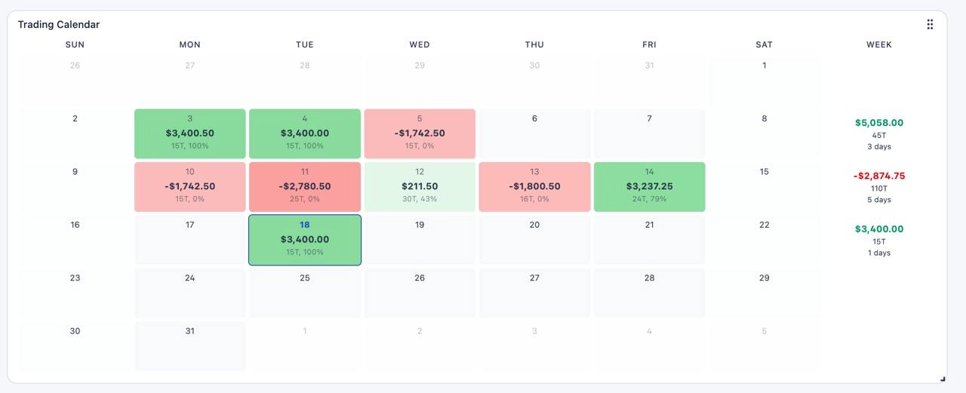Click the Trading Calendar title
pyautogui.click(x=59, y=25)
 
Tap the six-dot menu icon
pyautogui.click(x=930, y=25)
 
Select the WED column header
pyautogui.click(x=420, y=45)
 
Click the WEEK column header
pyautogui.click(x=879, y=45)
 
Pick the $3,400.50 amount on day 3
pyautogui.click(x=189, y=134)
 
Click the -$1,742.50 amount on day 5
pyautogui.click(x=420, y=134)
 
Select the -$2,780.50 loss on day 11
pyautogui.click(x=304, y=186)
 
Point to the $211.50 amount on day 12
pyautogui.click(x=420, y=186)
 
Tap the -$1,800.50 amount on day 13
pyautogui.click(x=534, y=186)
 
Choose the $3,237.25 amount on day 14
pyautogui.click(x=650, y=186)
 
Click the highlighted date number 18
pyautogui.click(x=304, y=225)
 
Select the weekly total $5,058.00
pyautogui.click(x=879, y=123)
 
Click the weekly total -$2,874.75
pyautogui.click(x=879, y=176)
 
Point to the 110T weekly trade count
pyautogui.click(x=879, y=189)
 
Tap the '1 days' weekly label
pyautogui.click(x=879, y=253)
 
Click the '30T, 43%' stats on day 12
pyautogui.click(x=420, y=198)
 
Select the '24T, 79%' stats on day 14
pyautogui.click(x=650, y=198)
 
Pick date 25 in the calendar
pyautogui.click(x=304, y=278)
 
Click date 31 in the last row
pyautogui.click(x=189, y=331)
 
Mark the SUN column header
pyautogui.click(x=75, y=45)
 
